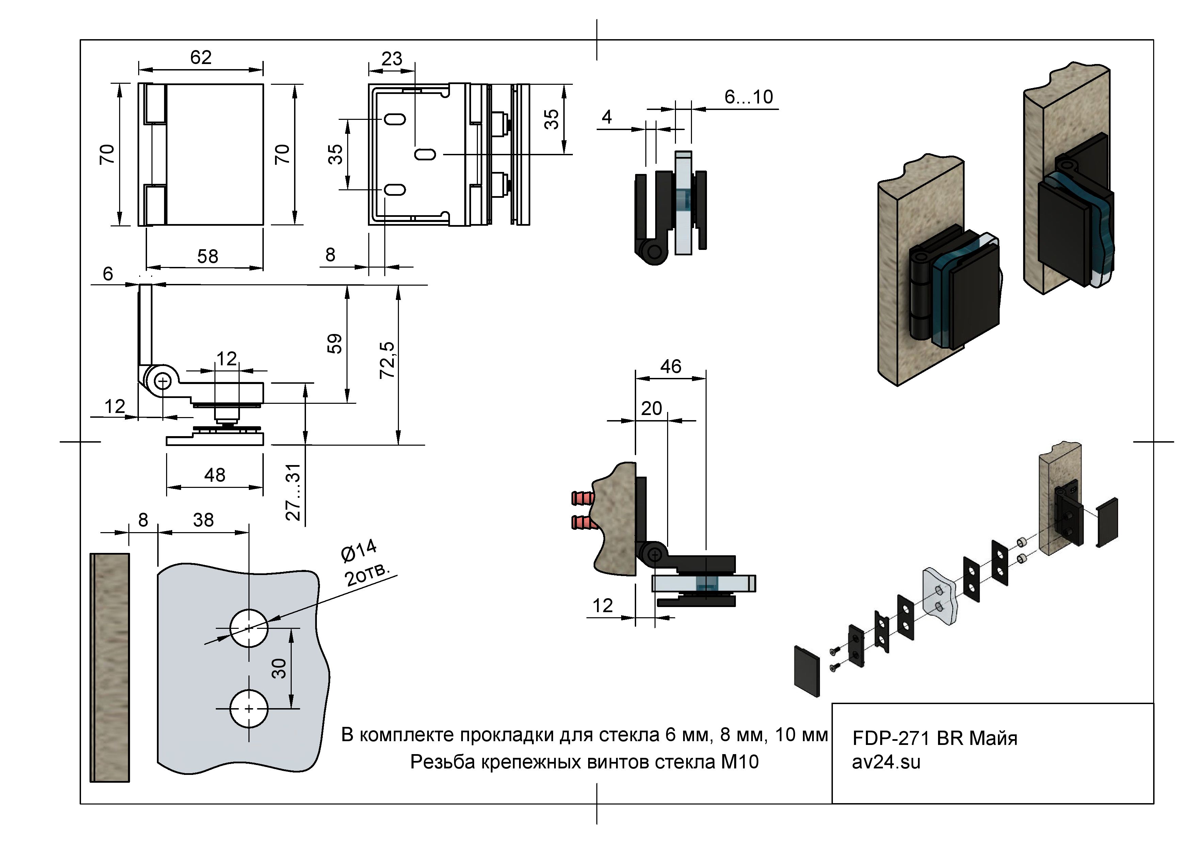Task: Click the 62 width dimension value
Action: click(x=201, y=57)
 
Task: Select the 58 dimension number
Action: click(x=208, y=256)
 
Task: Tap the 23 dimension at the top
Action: click(x=391, y=59)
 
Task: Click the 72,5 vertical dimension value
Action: click(x=387, y=361)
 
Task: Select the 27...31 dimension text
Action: click(x=294, y=492)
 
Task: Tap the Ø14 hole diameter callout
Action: click(x=358, y=551)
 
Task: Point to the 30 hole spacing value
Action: click(x=279, y=668)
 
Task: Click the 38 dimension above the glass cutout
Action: click(x=203, y=520)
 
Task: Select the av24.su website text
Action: click(x=886, y=762)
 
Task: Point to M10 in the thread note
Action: click(x=740, y=762)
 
